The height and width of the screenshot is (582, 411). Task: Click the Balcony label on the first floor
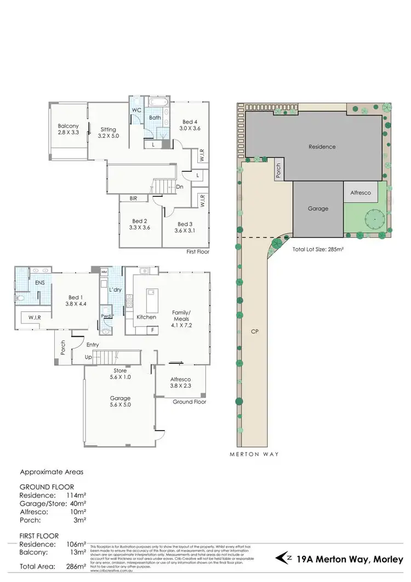click(x=68, y=126)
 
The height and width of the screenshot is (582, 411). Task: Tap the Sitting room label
click(x=108, y=129)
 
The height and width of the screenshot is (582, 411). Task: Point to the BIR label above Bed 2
click(x=133, y=198)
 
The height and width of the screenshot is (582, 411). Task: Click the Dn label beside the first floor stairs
click(x=180, y=187)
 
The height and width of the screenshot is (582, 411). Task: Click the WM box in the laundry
click(x=104, y=272)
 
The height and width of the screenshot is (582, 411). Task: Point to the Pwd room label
click(x=106, y=317)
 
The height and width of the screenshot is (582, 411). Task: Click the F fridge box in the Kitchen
click(x=151, y=330)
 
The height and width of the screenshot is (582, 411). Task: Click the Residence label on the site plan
click(x=322, y=146)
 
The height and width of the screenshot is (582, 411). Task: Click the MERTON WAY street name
click(x=254, y=454)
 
